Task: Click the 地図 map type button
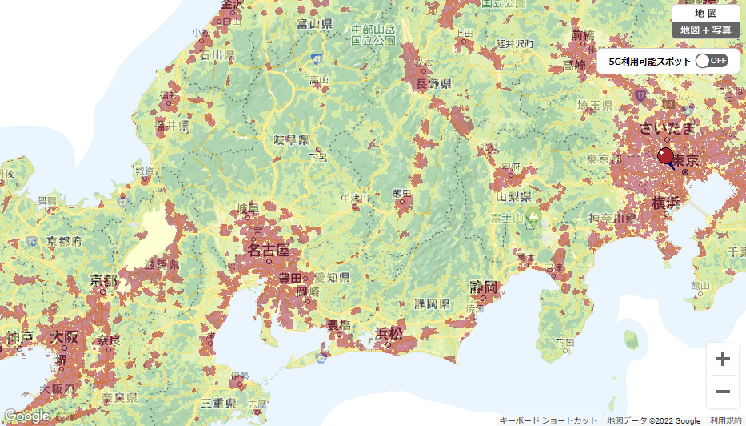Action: pos(705,13)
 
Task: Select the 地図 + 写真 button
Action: pos(705,30)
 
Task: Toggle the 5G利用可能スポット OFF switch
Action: pos(711,60)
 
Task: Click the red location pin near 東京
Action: pos(666,156)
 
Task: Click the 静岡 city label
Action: pos(485,286)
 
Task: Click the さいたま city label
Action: pos(667,128)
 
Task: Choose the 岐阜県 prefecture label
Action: pos(291,140)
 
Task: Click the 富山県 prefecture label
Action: pos(314,23)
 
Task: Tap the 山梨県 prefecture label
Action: pos(514,196)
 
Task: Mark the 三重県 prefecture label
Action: pos(217,403)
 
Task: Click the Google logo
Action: pos(26,416)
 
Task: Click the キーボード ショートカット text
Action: pos(548,420)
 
